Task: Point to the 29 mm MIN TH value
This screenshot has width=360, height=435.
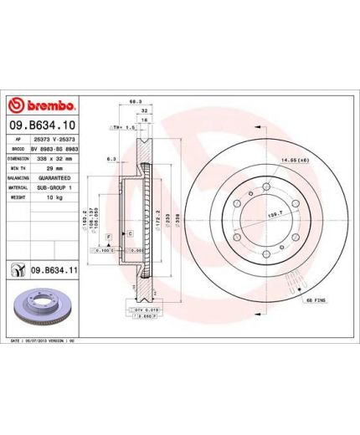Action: (x=48, y=168)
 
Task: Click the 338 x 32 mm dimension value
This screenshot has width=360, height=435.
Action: (x=55, y=157)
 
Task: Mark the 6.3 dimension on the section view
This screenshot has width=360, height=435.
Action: (x=111, y=158)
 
